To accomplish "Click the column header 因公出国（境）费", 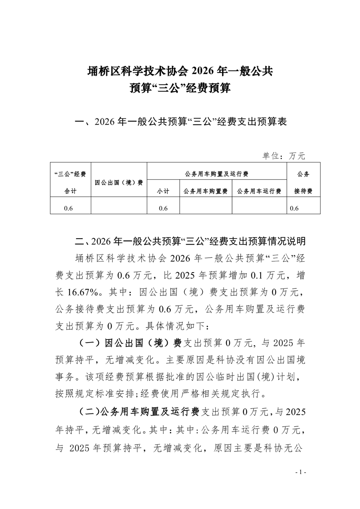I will pos(119,182).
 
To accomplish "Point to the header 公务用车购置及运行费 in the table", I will pos(217,174).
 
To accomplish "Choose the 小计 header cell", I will pos(163,191).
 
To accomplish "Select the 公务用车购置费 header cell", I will pos(206,191).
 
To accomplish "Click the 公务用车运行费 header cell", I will pos(259,191).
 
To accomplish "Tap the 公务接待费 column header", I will pos(303,182).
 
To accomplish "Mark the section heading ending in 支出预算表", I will pos(180,122).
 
